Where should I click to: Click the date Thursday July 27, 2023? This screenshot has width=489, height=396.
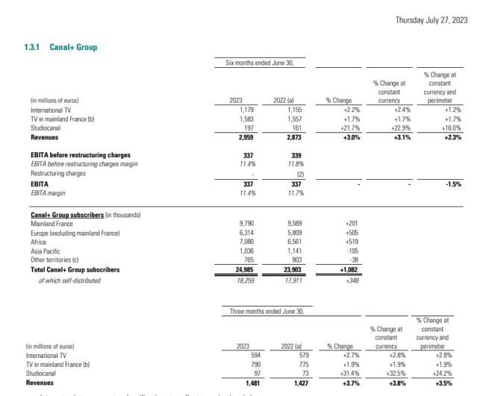pyautogui.click(x=432, y=20)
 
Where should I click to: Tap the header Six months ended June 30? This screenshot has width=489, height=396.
pyautogui.click(x=260, y=63)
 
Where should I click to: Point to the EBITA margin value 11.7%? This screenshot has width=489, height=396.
pyautogui.click(x=284, y=193)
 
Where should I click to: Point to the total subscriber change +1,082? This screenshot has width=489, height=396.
pyautogui.click(x=346, y=269)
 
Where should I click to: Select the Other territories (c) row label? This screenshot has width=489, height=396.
pyautogui.click(x=57, y=260)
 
